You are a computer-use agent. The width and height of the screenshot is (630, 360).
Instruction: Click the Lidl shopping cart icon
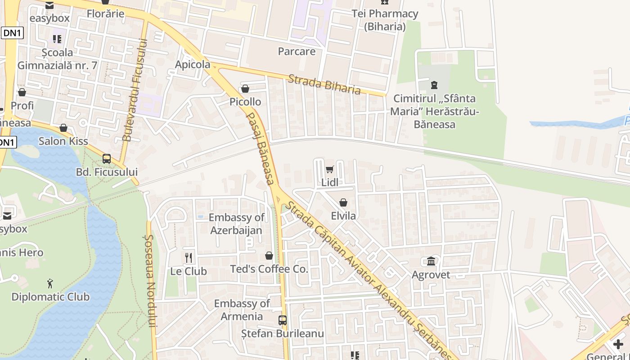coord(329,170)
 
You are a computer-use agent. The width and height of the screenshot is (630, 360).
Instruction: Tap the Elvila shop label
coord(343,216)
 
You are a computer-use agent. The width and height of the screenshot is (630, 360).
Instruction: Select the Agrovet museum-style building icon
coord(431,261)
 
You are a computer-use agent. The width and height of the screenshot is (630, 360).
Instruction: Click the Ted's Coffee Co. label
coord(269,269)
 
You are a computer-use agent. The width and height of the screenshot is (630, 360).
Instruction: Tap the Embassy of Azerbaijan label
coord(236,224)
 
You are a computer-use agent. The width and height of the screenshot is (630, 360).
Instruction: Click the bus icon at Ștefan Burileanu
coord(282,320)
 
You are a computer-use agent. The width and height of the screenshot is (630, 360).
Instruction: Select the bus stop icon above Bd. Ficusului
coord(107,158)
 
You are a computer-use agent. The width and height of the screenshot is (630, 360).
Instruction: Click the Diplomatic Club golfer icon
coord(50,283)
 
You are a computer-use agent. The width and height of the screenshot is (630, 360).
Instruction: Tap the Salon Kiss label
coord(63,141)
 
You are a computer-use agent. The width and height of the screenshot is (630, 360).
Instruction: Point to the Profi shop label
coord(22,105)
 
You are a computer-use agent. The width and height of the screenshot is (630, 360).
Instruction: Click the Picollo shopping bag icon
coord(245,89)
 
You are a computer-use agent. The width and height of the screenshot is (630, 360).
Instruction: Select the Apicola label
coord(193,64)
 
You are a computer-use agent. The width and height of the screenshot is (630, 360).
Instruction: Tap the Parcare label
coord(297,51)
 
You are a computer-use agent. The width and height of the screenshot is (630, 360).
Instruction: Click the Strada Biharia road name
coord(324,84)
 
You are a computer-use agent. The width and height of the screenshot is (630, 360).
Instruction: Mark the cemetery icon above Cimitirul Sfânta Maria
coord(434,85)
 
